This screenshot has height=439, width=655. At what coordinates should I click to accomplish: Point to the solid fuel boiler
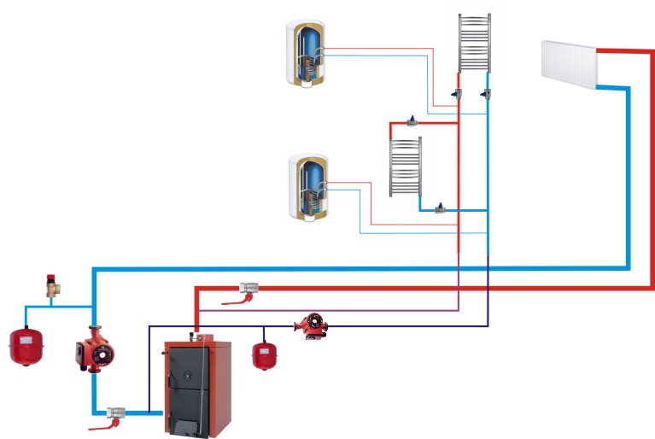(x=196, y=383)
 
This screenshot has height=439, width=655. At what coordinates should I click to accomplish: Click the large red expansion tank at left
(x=26, y=343)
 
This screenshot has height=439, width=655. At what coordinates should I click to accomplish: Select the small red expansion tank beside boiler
(x=263, y=355)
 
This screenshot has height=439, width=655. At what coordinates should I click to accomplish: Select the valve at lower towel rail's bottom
(x=441, y=208)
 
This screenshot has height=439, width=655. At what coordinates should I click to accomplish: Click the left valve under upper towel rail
(x=459, y=92)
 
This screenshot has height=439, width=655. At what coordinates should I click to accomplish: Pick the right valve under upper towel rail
(x=486, y=91)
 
